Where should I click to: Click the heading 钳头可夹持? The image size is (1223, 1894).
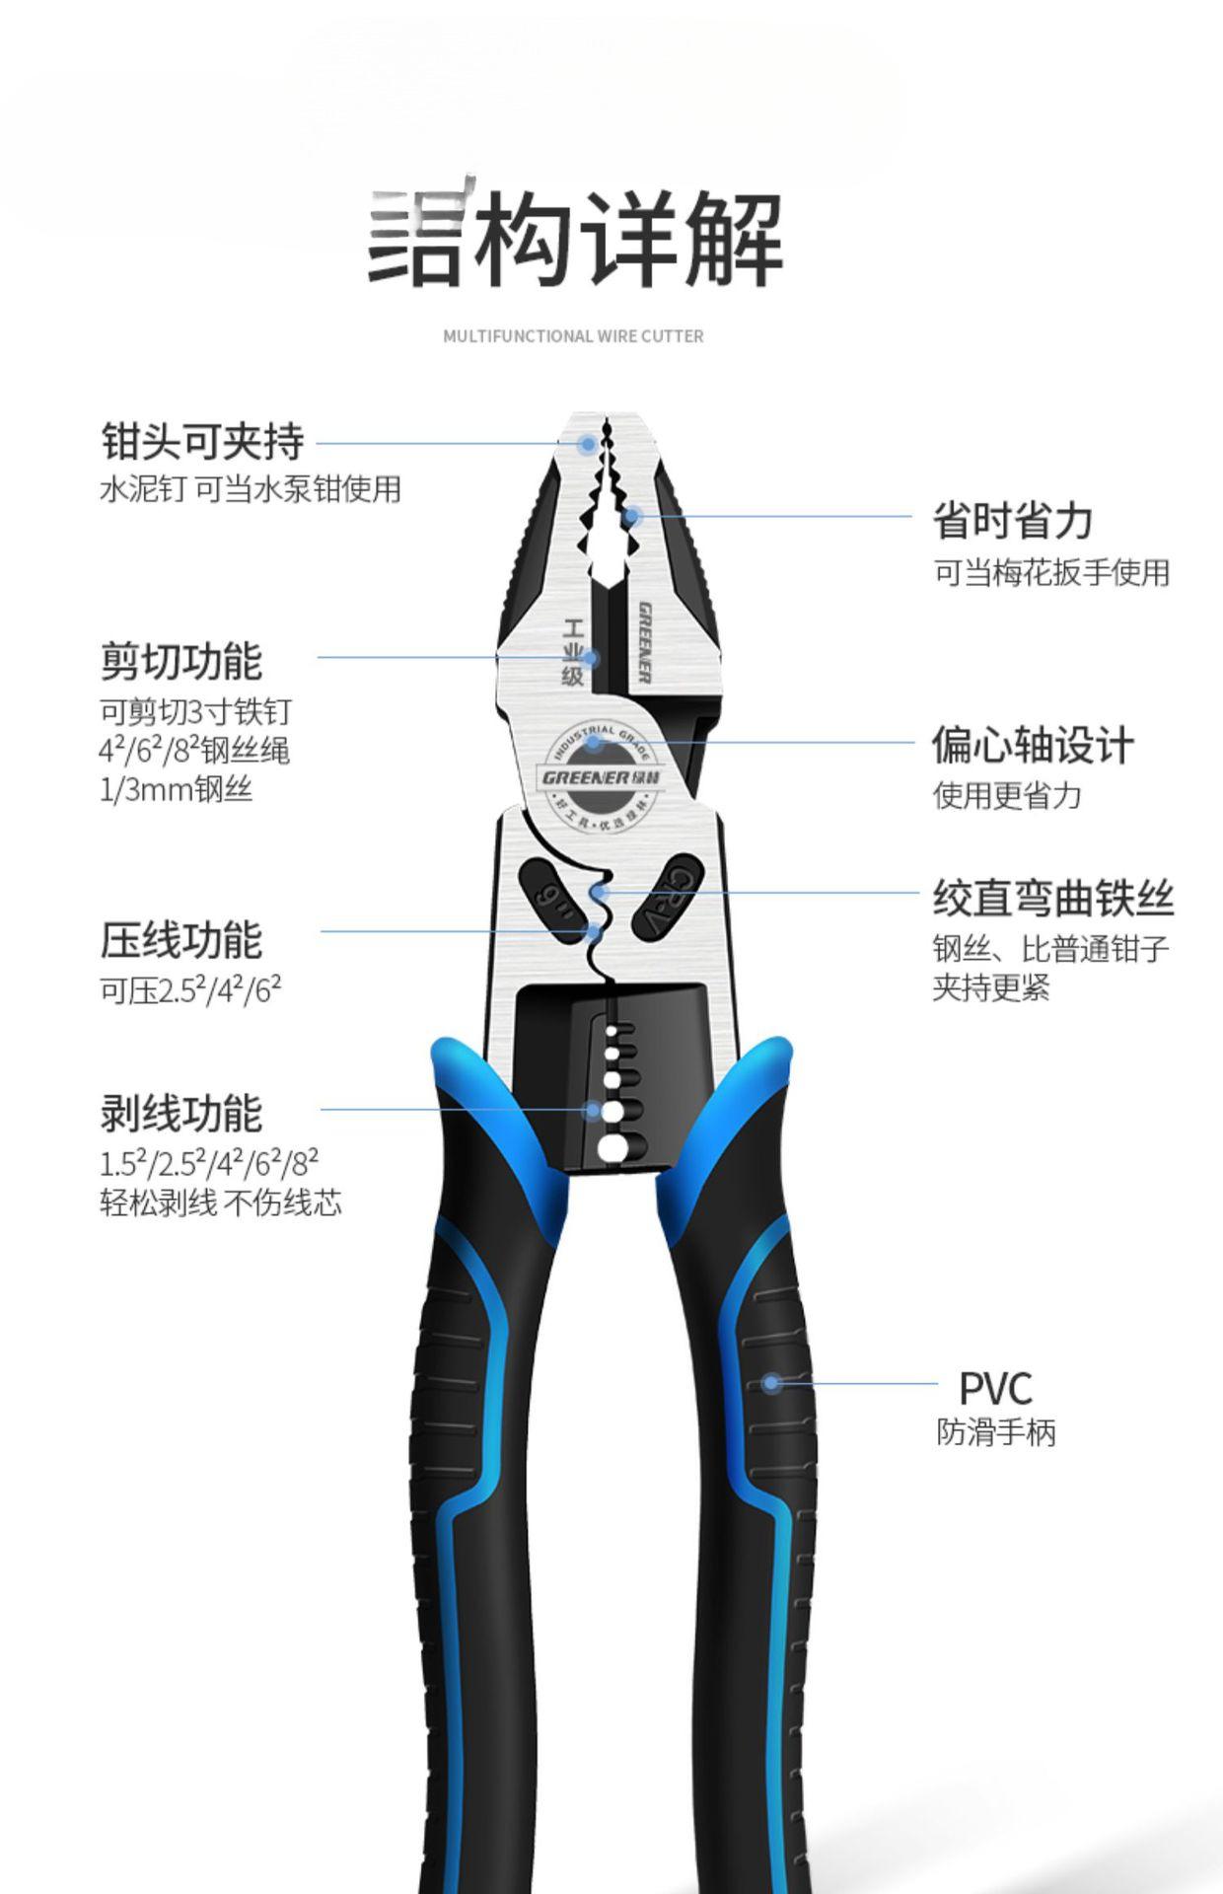click(202, 441)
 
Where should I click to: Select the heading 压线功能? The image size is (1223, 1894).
click(181, 940)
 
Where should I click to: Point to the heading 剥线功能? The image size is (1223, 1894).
click(181, 1114)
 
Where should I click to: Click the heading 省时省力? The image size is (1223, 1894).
click(1013, 520)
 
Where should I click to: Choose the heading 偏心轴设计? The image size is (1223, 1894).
click(1033, 745)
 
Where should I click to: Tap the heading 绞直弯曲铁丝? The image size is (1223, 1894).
click(1053, 899)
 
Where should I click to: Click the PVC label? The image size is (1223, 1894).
click(995, 1389)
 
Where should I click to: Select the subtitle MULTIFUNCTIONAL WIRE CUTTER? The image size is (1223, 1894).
click(573, 336)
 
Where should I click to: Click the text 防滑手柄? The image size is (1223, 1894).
click(995, 1432)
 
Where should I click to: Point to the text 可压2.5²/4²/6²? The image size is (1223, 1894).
click(190, 989)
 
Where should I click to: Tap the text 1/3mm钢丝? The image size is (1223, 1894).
click(176, 790)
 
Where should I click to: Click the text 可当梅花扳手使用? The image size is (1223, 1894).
click(1051, 572)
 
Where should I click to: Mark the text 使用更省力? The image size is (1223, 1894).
click(1007, 795)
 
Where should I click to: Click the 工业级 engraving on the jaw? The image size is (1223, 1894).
click(574, 652)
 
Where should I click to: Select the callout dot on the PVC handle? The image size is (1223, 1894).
click(771, 1383)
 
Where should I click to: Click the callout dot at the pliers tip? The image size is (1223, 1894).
click(588, 444)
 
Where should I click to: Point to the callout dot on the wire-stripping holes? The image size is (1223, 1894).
click(594, 1110)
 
